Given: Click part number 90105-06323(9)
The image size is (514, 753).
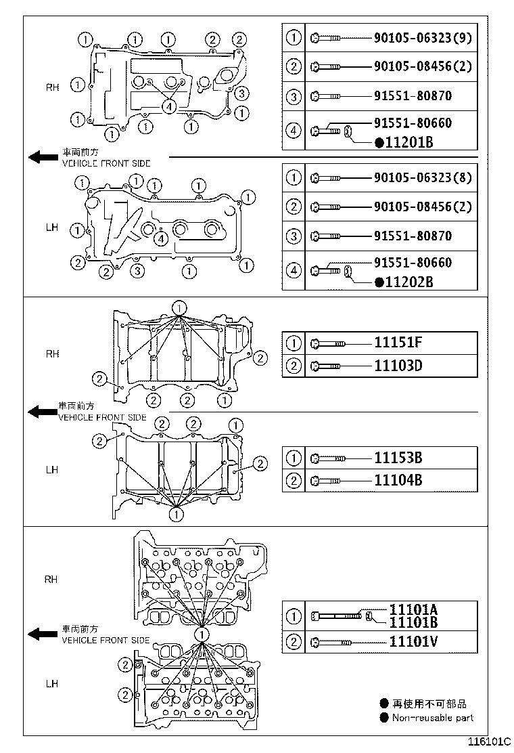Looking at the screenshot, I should click(423, 38).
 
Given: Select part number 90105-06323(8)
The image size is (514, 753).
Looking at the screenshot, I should click(423, 179).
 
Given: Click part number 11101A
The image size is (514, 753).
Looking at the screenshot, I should click(413, 609).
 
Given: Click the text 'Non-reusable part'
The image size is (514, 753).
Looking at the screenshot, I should click(433, 718).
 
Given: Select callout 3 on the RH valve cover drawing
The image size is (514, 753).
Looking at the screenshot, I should click(243, 93).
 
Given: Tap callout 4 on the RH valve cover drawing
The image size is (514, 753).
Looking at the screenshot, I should click(168, 106).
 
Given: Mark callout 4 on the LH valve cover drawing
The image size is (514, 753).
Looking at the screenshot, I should click(160, 238).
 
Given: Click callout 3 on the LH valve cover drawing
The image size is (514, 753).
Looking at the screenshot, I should click(137, 272).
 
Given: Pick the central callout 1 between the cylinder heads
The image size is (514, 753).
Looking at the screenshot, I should click(202, 634).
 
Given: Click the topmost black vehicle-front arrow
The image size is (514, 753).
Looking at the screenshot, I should click(43, 158).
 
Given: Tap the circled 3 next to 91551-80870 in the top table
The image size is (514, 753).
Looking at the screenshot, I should click(294, 97).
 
